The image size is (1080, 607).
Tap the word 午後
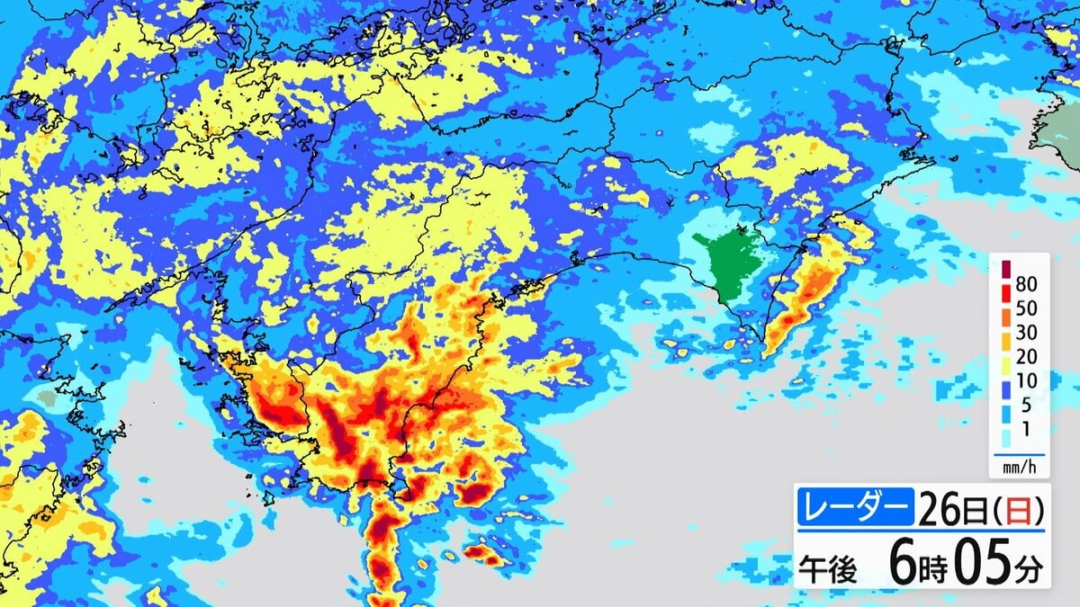[830, 568]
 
